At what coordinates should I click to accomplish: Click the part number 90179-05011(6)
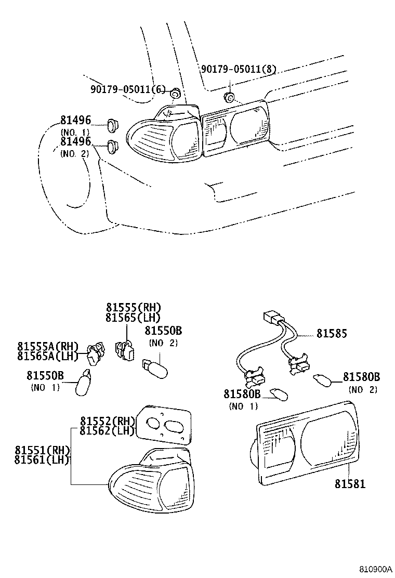coord(127,90)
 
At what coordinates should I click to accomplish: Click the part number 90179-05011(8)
coord(239,69)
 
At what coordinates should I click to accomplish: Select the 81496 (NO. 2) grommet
coord(113,147)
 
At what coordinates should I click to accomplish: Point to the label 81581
coord(350,484)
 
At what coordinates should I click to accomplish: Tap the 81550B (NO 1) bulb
coord(84,384)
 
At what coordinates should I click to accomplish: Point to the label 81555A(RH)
coord(47,346)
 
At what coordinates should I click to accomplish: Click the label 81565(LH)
coord(133,318)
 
